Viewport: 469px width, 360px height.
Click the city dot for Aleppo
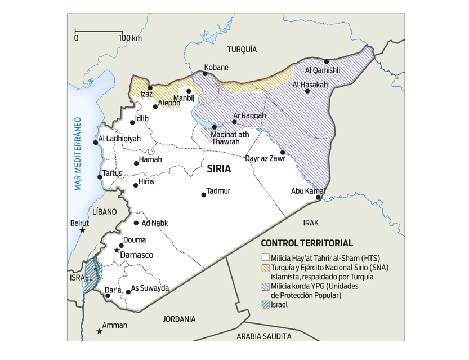(x=155, y=106)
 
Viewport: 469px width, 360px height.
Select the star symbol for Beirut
(x=82, y=230)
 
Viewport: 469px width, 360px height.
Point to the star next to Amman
(x=100, y=331)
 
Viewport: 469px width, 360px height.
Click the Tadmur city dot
(x=204, y=195)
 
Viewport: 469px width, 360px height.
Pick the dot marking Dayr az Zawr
(x=283, y=152)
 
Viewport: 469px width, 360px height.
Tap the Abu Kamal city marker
(x=318, y=198)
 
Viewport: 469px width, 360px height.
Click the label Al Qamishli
(x=323, y=70)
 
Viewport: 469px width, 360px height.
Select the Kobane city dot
(x=206, y=74)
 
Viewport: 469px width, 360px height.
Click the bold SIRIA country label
(x=218, y=168)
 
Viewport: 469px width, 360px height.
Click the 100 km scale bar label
(x=130, y=38)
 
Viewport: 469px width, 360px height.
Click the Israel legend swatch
(x=265, y=305)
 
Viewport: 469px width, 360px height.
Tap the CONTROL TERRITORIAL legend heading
(x=307, y=243)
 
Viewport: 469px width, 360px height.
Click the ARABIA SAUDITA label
(x=264, y=336)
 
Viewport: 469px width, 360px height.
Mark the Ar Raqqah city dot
(x=235, y=122)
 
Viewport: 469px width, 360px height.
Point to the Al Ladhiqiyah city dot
(x=96, y=142)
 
